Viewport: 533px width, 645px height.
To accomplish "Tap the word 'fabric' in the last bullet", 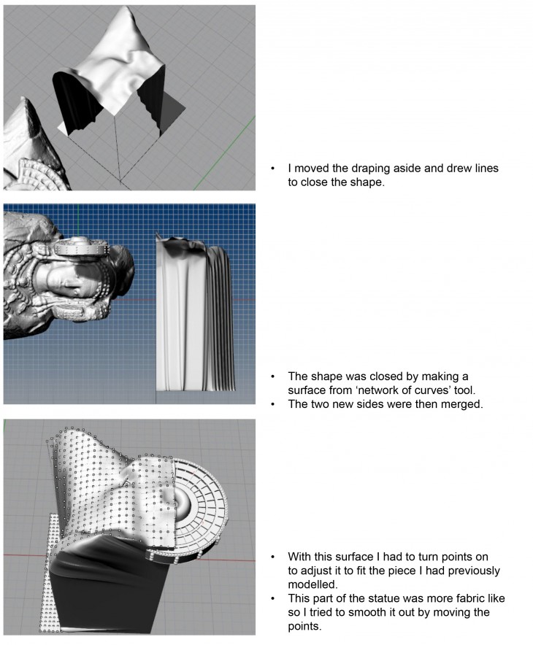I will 453,598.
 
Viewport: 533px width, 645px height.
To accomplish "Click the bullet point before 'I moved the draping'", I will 273,169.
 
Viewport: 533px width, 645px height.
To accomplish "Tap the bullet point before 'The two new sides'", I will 273,404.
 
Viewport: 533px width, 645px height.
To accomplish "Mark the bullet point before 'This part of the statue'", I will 273,598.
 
